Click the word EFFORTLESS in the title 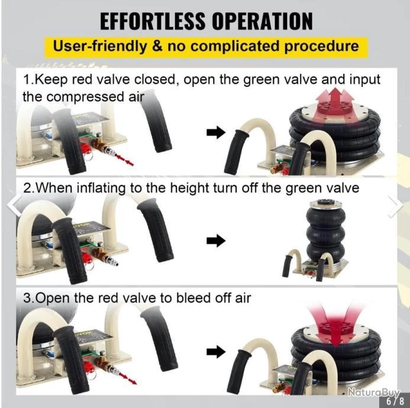coord(153,21)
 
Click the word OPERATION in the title coord(262,21)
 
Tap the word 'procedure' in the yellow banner coord(321,47)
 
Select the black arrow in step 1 coord(216,132)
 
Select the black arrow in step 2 coord(216,241)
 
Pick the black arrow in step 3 coord(216,352)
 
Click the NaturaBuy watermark coord(374,392)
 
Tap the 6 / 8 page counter coord(395,401)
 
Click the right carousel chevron coord(396,206)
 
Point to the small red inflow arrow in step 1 coord(125,160)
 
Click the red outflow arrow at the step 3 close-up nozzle coord(128,379)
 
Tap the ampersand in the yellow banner coord(157,46)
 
